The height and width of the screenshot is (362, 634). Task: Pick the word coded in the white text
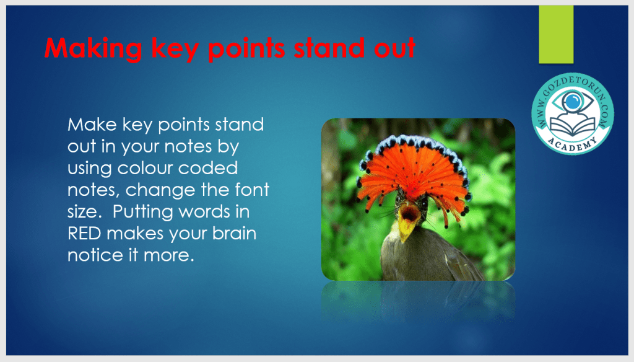208,168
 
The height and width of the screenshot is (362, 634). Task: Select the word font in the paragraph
252,190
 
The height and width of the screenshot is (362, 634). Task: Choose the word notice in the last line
95,255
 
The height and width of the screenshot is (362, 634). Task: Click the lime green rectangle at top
556,35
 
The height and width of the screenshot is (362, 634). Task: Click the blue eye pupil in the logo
573,102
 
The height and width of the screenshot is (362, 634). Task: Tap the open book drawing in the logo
573,126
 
